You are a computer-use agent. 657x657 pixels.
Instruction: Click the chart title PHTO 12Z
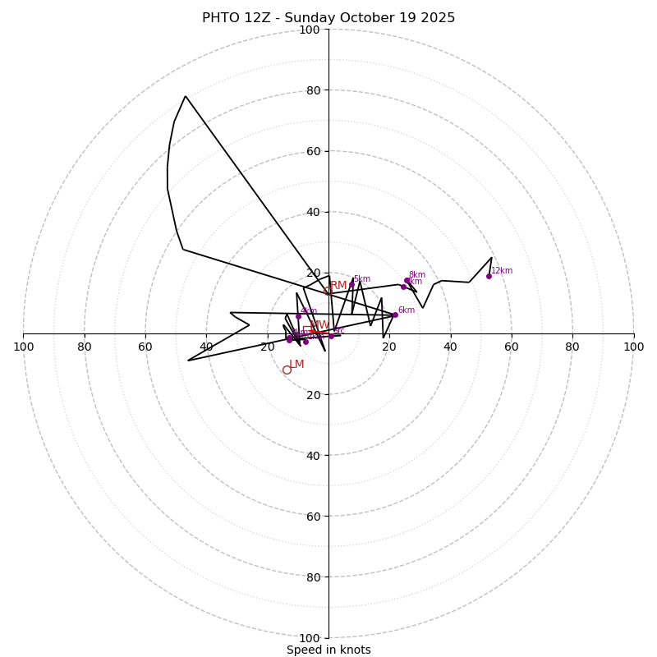click(328, 18)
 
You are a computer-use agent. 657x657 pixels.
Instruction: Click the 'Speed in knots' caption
click(328, 650)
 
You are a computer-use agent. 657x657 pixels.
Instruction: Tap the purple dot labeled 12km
click(489, 276)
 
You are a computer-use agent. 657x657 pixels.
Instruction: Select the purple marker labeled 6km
click(395, 315)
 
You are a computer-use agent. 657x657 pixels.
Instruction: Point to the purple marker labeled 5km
click(351, 284)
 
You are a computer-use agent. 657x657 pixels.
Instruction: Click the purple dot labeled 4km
click(298, 316)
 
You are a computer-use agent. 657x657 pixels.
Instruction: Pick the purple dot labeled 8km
click(407, 280)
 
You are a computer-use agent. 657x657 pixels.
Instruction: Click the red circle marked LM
click(287, 370)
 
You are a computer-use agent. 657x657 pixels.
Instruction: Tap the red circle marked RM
click(327, 291)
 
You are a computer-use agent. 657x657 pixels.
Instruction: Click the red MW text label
click(319, 325)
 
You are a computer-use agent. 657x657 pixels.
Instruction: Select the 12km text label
click(502, 271)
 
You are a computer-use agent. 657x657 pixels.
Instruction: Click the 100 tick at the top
click(310, 30)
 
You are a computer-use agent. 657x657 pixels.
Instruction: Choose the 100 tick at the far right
click(633, 347)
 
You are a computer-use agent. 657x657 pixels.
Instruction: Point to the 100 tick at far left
click(23, 347)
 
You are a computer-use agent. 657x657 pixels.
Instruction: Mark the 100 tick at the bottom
click(310, 637)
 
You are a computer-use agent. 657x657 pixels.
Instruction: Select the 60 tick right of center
click(511, 347)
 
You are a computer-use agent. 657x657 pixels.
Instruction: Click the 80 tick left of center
click(85, 347)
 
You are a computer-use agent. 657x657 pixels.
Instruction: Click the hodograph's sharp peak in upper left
click(186, 96)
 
